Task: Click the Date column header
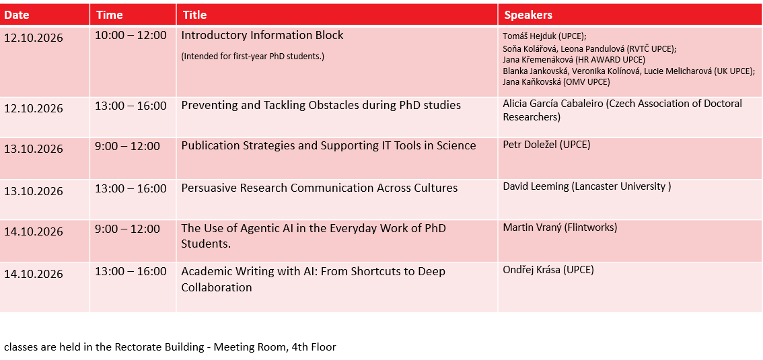click(x=17, y=15)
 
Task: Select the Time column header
click(x=109, y=15)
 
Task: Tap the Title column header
click(x=194, y=15)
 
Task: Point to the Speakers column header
click(x=528, y=15)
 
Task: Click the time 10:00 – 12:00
click(x=131, y=36)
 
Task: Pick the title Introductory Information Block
click(x=262, y=36)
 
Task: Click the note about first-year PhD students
click(x=252, y=56)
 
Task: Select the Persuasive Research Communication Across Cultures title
click(x=319, y=188)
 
